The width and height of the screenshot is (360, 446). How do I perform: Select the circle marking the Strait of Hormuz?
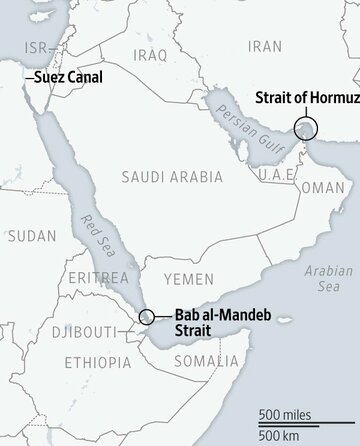coord(307,129)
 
